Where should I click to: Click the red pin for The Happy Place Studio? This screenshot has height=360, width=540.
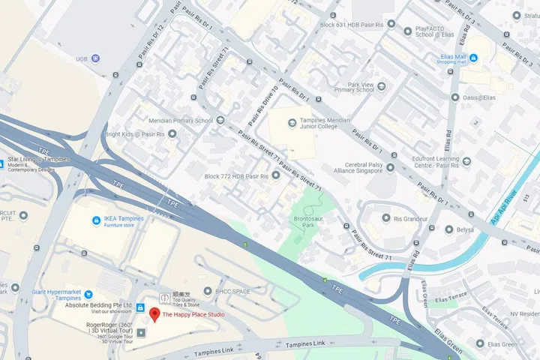pos(154,313)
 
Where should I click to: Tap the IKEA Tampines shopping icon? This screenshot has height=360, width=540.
pos(96,220)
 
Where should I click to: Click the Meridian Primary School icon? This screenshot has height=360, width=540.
pos(220,120)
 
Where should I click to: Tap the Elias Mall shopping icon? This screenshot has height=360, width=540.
pos(445,57)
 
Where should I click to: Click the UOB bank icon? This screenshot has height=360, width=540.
pos(95,58)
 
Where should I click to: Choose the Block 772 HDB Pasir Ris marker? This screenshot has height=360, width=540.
pos(275,175)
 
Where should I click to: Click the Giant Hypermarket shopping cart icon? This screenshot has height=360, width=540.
pos(88,293)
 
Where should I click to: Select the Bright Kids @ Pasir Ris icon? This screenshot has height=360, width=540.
pos(172,134)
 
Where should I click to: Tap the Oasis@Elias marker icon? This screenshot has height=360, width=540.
pos(455,97)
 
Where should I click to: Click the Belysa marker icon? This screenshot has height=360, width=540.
pos(448,229)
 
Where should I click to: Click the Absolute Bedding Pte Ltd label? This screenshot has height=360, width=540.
pos(98,306)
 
